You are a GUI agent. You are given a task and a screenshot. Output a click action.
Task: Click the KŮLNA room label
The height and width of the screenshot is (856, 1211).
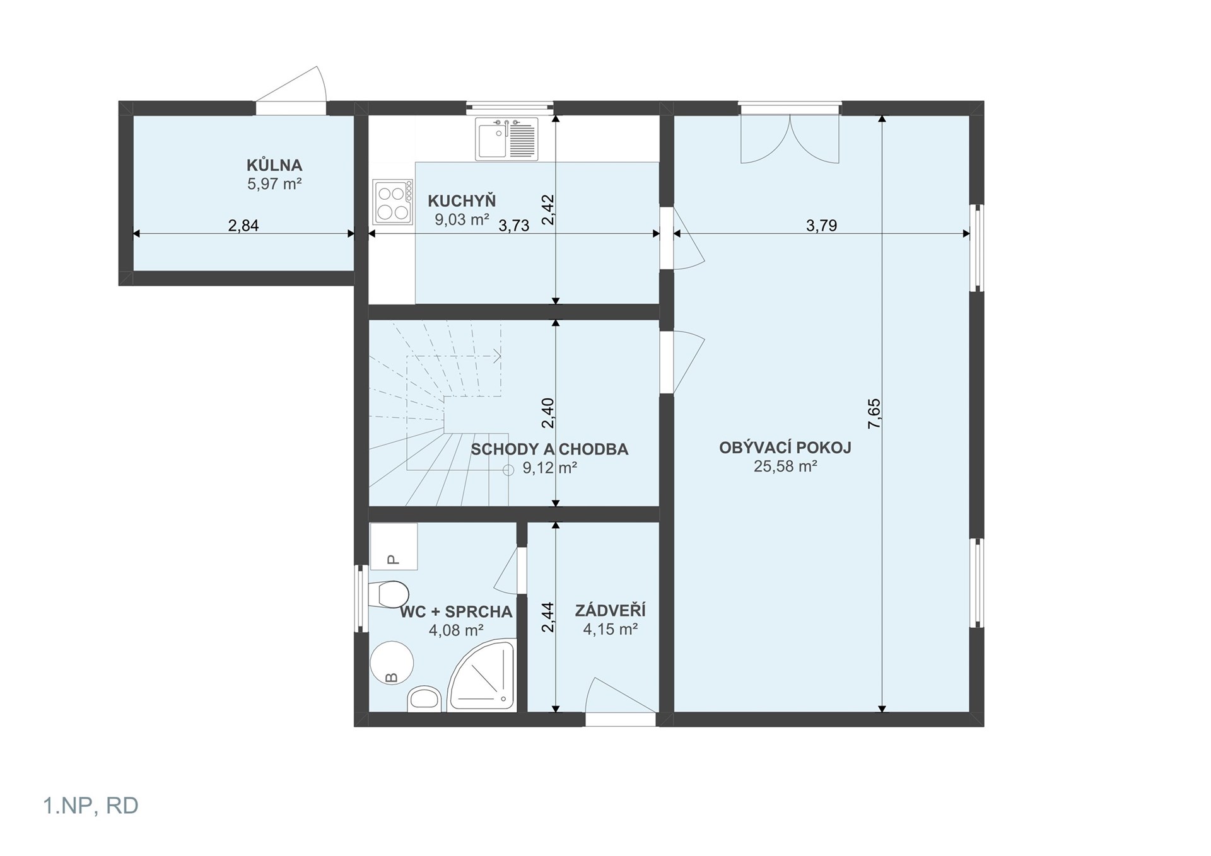(x=274, y=165)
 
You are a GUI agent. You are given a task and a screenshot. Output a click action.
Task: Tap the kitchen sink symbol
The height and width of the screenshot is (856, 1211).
(x=507, y=139)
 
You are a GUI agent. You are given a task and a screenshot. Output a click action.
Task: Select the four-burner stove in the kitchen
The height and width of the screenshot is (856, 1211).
(x=392, y=202)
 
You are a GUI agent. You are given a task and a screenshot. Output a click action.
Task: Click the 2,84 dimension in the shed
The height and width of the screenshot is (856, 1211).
(x=243, y=225)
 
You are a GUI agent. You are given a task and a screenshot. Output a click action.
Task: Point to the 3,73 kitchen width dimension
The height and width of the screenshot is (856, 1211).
(x=514, y=226)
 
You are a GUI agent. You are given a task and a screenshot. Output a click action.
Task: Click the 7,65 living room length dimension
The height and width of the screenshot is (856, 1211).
(x=874, y=414)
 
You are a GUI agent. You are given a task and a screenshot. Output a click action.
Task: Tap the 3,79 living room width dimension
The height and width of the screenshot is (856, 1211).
(x=821, y=225)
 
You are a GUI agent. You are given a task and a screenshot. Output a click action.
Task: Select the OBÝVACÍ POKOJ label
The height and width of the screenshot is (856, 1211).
(x=785, y=448)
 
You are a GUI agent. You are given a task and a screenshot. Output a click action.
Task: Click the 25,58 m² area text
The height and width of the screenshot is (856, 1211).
(x=785, y=466)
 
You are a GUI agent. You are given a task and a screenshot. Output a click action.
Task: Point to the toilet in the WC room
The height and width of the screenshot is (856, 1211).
(x=389, y=594)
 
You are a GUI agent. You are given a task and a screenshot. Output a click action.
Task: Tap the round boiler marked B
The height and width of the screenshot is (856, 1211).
(x=391, y=663)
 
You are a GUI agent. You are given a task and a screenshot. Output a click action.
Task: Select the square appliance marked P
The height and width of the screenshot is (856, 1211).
(x=393, y=547)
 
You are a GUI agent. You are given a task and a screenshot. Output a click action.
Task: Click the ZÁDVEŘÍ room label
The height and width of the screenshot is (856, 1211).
(x=610, y=610)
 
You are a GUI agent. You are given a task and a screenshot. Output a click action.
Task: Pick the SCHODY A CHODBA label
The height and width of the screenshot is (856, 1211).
(x=549, y=449)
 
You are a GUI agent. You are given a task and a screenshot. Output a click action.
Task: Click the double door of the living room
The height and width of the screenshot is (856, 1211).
(x=790, y=139)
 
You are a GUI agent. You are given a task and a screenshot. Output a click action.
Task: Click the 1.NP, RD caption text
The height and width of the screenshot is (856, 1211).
(x=91, y=806)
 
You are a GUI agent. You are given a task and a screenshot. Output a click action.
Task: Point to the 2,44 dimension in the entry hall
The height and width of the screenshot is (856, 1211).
(x=547, y=618)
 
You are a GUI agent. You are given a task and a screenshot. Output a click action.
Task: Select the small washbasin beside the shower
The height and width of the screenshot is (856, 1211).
(x=425, y=700)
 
